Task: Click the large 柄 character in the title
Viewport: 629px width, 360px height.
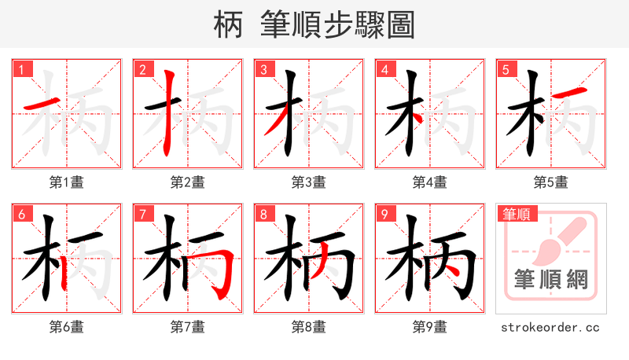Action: point(228,24)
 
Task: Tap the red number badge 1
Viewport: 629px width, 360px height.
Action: point(21,69)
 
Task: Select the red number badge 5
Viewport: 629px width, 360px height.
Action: point(506,69)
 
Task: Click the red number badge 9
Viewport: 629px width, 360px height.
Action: point(384,214)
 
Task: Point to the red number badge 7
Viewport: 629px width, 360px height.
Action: point(142,214)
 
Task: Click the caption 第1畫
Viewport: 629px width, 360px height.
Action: point(66,182)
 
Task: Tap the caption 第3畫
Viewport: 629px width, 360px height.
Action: point(308,182)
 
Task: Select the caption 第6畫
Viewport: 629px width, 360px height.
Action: point(66,327)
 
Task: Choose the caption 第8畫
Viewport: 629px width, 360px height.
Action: point(308,327)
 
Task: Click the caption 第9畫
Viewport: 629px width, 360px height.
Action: point(429,327)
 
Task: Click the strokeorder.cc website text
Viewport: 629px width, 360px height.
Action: point(550,327)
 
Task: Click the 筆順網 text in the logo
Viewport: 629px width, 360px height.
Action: point(550,279)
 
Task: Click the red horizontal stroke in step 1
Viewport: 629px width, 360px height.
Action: point(39,104)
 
